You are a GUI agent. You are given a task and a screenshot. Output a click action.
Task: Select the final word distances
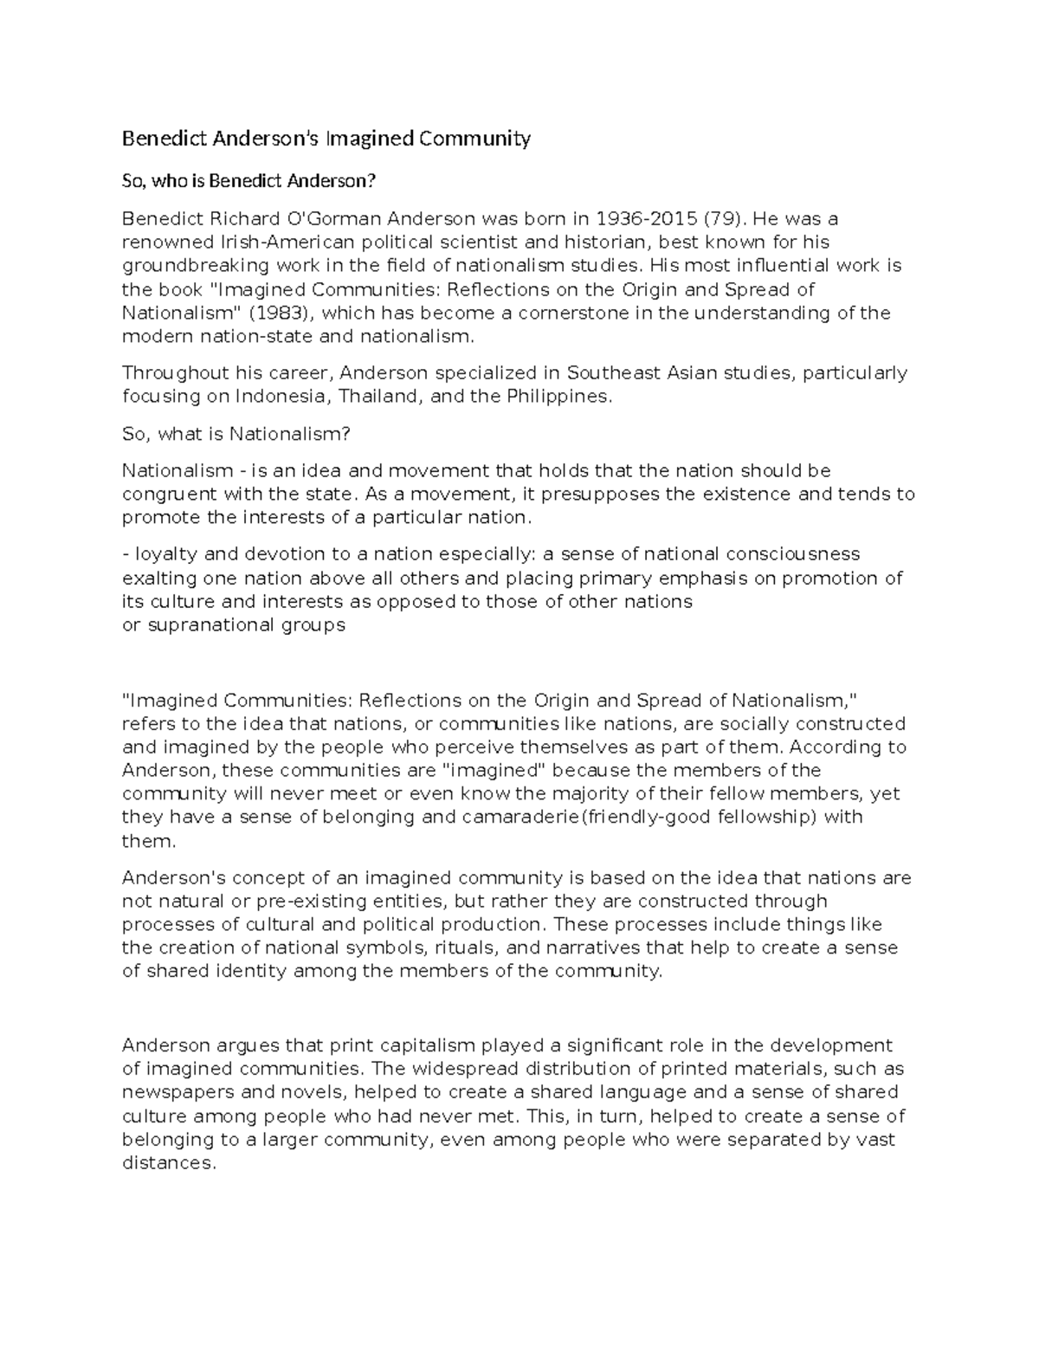pos(167,1163)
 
